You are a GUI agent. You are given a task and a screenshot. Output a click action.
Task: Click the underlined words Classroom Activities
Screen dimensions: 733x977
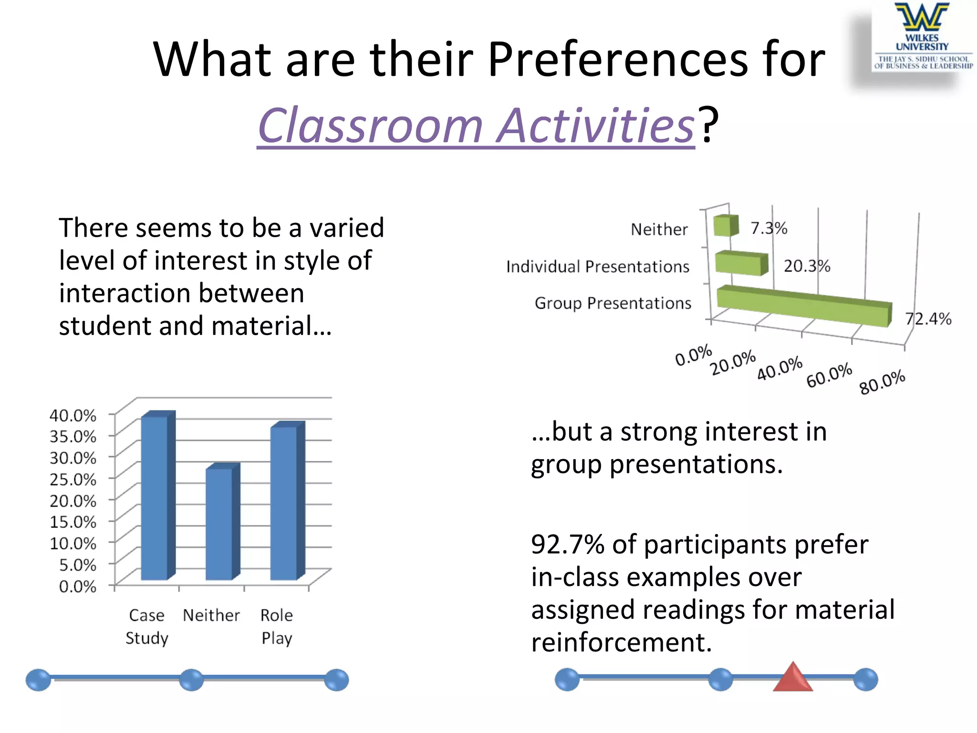click(x=476, y=126)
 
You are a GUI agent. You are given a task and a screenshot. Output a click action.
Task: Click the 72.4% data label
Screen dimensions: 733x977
click(x=928, y=319)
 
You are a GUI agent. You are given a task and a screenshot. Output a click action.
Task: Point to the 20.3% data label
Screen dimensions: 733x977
click(x=807, y=266)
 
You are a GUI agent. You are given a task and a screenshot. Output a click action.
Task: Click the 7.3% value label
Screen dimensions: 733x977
click(x=769, y=228)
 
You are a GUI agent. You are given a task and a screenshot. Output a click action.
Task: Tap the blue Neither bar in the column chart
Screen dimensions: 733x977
click(x=220, y=523)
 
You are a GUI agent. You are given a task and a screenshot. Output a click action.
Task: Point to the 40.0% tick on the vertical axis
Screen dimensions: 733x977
click(x=73, y=415)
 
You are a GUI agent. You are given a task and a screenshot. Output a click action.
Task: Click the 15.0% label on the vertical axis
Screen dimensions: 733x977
click(x=73, y=522)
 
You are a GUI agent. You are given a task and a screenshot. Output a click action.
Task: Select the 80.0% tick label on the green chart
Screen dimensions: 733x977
click(x=882, y=382)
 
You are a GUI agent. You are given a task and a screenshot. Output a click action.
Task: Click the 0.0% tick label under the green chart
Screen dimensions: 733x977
click(x=693, y=355)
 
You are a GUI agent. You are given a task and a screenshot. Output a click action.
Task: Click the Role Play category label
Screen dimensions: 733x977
click(x=277, y=626)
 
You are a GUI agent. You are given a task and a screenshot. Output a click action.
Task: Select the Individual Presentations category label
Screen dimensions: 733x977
click(x=597, y=266)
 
